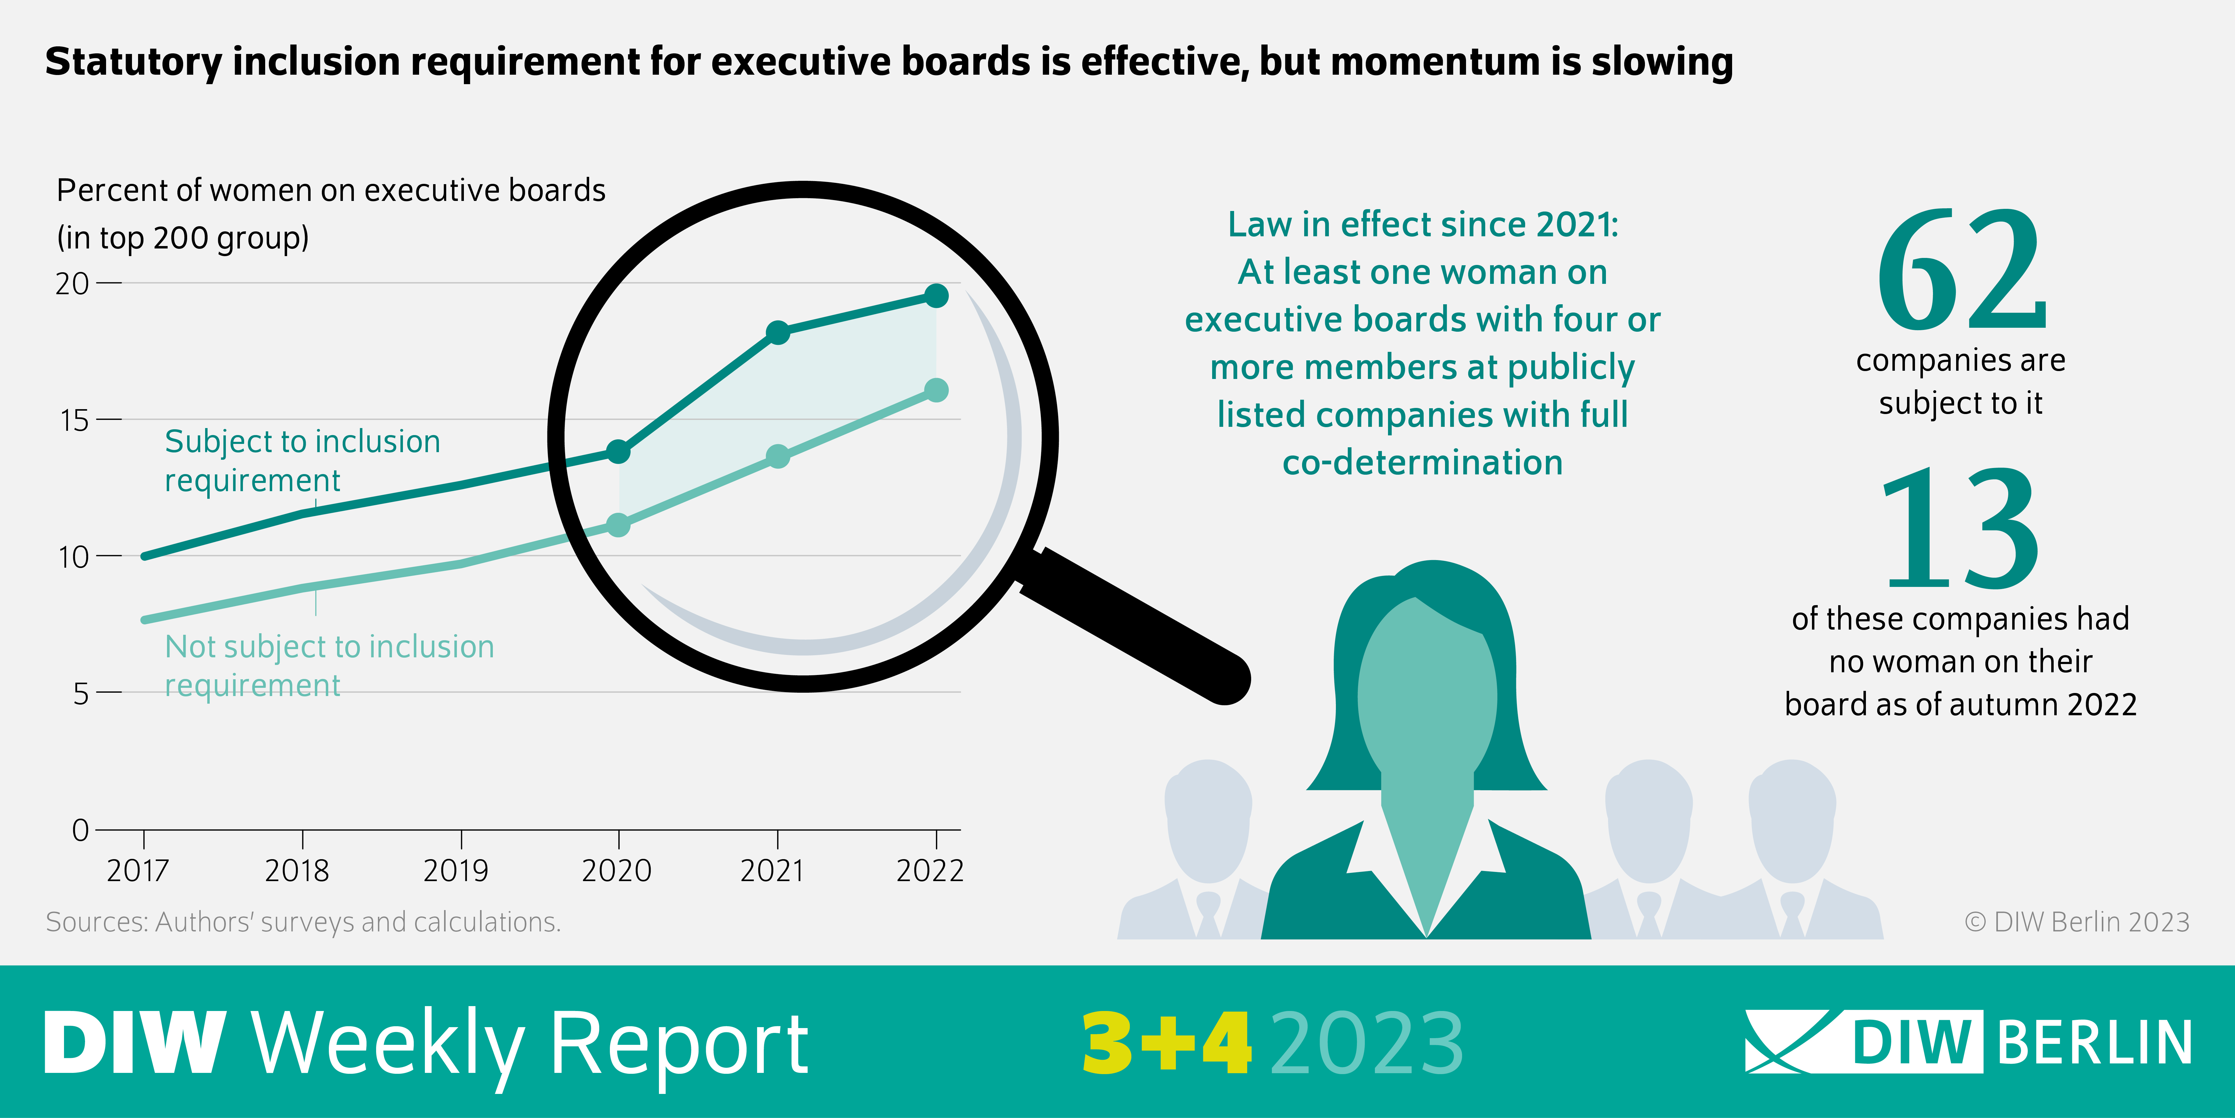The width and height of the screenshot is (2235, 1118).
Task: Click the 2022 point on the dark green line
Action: click(936, 296)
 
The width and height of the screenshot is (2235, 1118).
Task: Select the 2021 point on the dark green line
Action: click(778, 332)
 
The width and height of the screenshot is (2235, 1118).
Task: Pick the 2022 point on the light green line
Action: click(936, 391)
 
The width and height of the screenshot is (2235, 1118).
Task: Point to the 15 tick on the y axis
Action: click(75, 420)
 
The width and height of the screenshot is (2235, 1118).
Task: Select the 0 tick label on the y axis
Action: click(80, 831)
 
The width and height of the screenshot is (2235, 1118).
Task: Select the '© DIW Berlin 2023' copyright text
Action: click(2076, 922)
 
